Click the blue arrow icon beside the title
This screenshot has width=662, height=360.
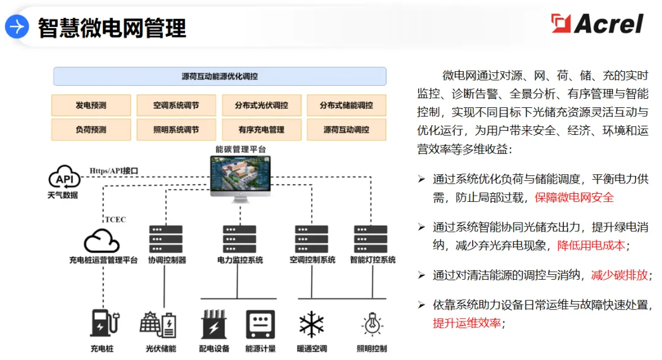click(17, 27)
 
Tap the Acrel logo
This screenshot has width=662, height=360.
click(597, 24)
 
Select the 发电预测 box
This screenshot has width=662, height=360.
click(91, 105)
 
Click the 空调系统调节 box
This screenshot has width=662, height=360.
click(176, 105)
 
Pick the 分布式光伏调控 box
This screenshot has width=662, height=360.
click(261, 105)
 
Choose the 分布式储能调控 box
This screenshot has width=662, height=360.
click(346, 105)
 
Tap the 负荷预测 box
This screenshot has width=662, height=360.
click(91, 129)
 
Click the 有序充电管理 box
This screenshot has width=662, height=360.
click(261, 129)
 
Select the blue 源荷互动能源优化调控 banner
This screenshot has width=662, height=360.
click(219, 77)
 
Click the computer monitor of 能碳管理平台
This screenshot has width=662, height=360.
click(240, 178)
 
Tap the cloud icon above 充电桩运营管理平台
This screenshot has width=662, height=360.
click(101, 240)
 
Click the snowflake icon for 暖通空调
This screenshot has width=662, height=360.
click(311, 324)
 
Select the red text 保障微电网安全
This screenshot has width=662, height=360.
click(574, 197)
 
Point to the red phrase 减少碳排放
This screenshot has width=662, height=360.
click(619, 275)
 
